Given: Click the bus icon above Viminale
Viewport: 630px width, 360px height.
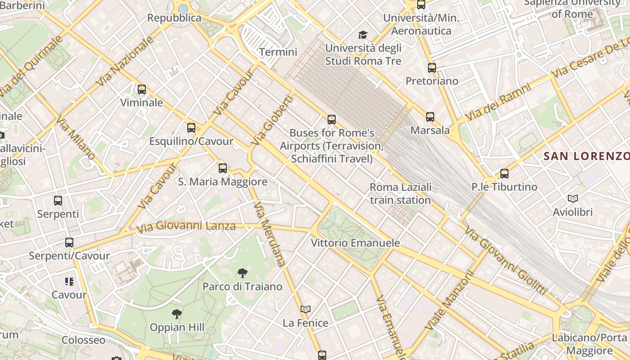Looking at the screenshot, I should pyautogui.click(x=142, y=90).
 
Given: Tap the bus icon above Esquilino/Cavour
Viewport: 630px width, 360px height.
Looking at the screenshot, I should pyautogui.click(x=191, y=128).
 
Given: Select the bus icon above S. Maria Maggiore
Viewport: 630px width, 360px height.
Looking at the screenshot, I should pyautogui.click(x=223, y=168).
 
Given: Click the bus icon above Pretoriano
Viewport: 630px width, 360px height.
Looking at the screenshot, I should pyautogui.click(x=432, y=68).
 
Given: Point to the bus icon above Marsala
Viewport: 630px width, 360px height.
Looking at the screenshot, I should pyautogui.click(x=430, y=117).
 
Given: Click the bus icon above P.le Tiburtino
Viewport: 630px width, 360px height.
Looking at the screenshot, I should pyautogui.click(x=504, y=174).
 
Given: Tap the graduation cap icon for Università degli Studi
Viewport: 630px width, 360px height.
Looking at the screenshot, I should pyautogui.click(x=363, y=35).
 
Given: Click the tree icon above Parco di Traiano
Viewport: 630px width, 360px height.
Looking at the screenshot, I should pyautogui.click(x=242, y=273).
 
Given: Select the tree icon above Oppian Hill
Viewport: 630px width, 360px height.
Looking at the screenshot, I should pyautogui.click(x=177, y=314).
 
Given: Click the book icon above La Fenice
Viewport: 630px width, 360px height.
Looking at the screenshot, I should pyautogui.click(x=306, y=309).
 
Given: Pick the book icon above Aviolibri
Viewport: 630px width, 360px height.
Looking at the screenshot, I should pyautogui.click(x=573, y=198).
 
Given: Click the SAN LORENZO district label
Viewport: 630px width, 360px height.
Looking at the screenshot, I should pyautogui.click(x=586, y=156).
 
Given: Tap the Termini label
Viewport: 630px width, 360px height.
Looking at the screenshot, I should pyautogui.click(x=278, y=52).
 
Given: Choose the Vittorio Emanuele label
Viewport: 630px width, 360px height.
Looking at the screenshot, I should pyautogui.click(x=355, y=243).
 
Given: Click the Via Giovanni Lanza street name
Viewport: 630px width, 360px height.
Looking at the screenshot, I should pyautogui.click(x=186, y=226).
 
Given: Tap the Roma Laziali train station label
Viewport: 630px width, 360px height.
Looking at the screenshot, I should pyautogui.click(x=400, y=193).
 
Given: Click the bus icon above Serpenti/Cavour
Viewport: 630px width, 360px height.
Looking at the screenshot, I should pyautogui.click(x=69, y=243).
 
